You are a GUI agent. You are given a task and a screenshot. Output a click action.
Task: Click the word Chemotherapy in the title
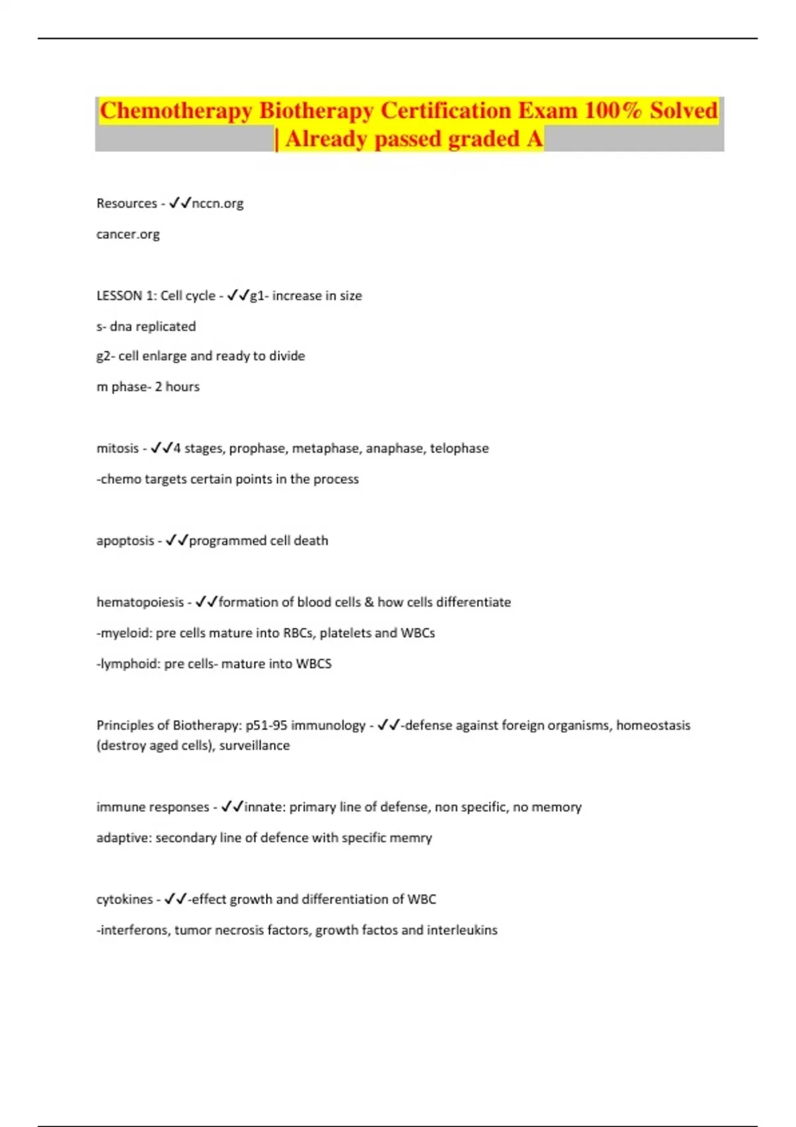coord(175,110)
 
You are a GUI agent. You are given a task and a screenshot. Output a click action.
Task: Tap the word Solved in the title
coord(683,110)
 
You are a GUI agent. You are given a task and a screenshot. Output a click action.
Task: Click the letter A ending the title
coord(535,139)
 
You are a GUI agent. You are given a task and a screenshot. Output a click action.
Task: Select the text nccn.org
coord(218,204)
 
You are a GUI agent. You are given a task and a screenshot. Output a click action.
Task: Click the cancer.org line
coord(128,234)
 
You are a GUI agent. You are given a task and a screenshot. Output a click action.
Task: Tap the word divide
coord(287,356)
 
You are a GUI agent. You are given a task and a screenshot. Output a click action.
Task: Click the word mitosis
coord(117,448)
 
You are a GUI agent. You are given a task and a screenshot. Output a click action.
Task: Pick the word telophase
coord(459,448)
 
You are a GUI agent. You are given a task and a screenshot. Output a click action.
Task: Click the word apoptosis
coord(125,541)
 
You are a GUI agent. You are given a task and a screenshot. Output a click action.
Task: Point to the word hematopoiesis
coord(140,603)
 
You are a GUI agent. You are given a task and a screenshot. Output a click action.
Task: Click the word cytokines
coord(125,900)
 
